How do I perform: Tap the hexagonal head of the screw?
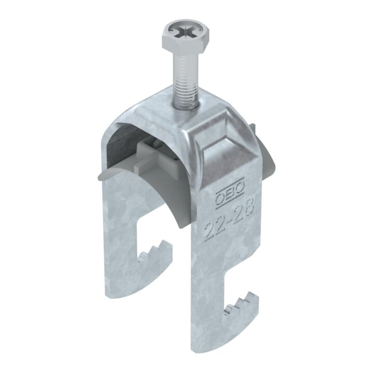coord(183,37)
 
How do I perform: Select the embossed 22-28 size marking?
coord(229,219)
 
